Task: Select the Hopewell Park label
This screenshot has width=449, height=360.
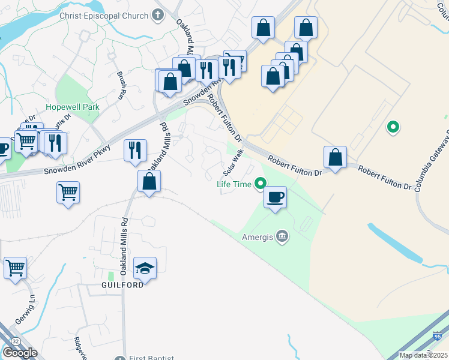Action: pyautogui.click(x=73, y=107)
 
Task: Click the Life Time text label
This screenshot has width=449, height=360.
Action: pyautogui.click(x=234, y=184)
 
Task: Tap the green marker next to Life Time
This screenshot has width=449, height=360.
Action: pyautogui.click(x=261, y=184)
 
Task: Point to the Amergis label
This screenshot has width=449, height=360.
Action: pyautogui.click(x=258, y=237)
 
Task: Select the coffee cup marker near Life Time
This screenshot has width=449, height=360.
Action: pyautogui.click(x=275, y=197)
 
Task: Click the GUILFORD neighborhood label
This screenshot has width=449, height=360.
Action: pyautogui.click(x=122, y=285)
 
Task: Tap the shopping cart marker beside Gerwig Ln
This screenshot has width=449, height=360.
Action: pyautogui.click(x=15, y=268)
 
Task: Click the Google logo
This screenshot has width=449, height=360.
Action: pyautogui.click(x=20, y=352)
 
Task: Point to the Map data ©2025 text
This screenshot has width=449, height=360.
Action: pyautogui.click(x=423, y=355)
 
